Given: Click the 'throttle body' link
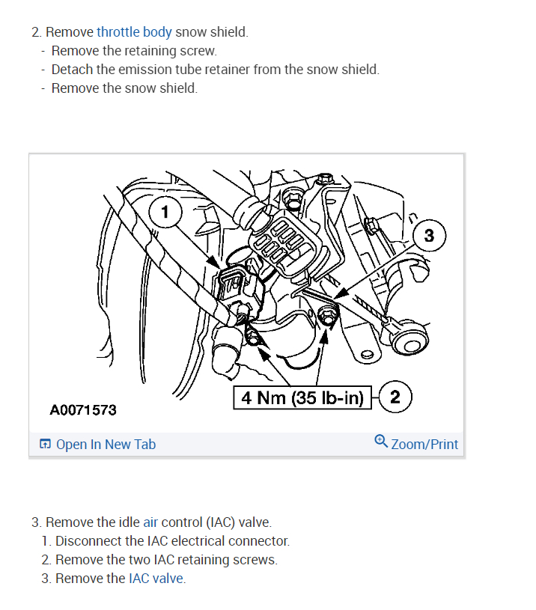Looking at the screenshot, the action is pos(134,32).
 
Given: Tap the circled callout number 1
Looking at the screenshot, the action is pos(165,212).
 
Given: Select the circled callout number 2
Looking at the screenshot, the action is pos(395,397).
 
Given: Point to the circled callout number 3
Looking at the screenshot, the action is pos(428,236).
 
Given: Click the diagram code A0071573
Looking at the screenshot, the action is pos(83,410).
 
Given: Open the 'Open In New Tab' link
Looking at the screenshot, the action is pos(106,444).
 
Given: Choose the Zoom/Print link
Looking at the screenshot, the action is pos(424,444).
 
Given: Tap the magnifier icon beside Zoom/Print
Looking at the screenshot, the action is pos(381,442).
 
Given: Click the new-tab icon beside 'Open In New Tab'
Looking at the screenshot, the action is pos(46,445).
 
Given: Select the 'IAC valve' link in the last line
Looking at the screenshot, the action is pos(156,578).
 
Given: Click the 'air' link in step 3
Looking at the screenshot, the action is pos(150,522).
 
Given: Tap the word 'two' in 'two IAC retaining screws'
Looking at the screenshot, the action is pos(138,559).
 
